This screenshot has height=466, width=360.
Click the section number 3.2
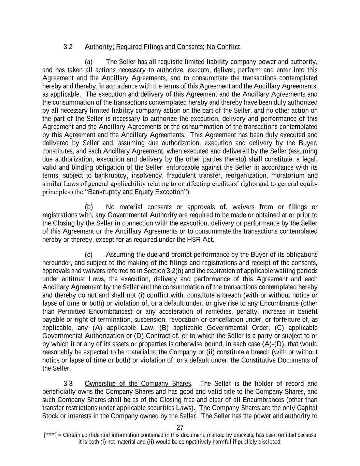coord(68,47)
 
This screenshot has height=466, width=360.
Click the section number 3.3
coord(68,383)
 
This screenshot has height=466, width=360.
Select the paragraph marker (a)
coord(89,62)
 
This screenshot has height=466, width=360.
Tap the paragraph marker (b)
coord(89,207)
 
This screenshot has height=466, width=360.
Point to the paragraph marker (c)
coord(89,255)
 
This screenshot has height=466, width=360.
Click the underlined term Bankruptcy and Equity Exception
coord(136,192)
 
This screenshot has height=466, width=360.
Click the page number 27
coord(180,427)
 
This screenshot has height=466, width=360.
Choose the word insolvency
coord(148,176)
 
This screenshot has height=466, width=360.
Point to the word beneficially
coord(59,392)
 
